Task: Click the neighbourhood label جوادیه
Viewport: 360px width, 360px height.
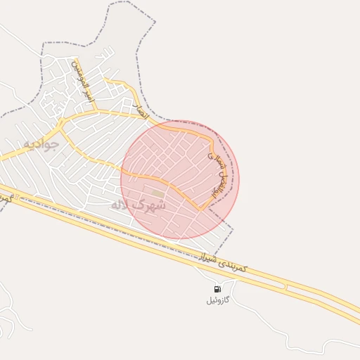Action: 39,143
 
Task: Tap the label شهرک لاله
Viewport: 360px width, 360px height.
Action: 138,205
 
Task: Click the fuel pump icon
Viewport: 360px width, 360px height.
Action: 217,289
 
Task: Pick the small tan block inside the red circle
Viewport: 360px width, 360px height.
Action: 157,193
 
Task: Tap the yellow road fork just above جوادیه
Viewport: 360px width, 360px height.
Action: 61,125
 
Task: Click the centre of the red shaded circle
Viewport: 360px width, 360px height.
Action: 179,179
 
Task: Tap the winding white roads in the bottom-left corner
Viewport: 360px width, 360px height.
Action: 8,316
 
